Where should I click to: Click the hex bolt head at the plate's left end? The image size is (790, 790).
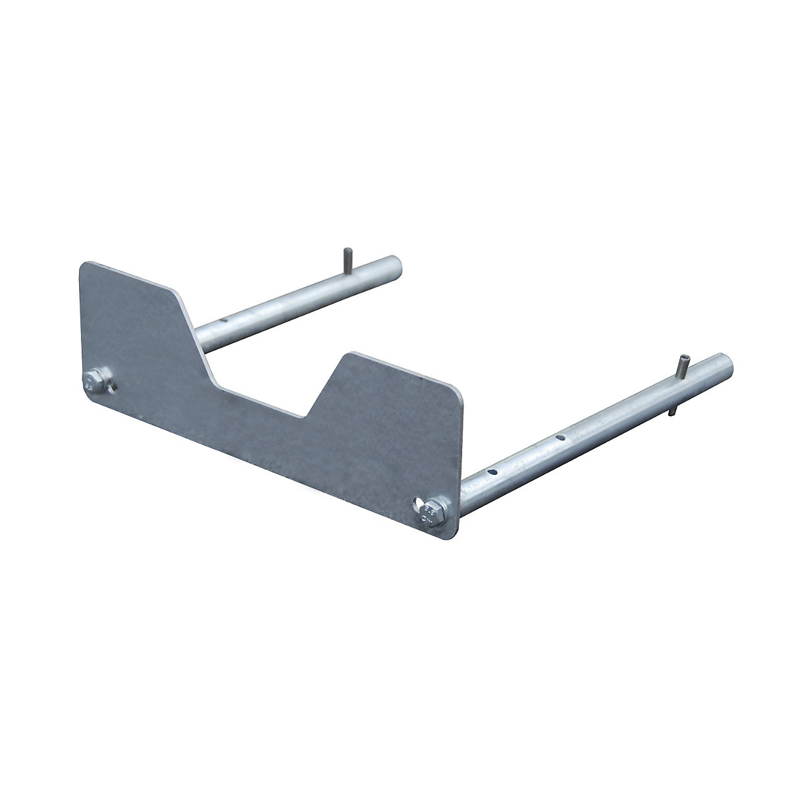pos(92,382)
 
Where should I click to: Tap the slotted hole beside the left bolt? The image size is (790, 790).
pos(112,386)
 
